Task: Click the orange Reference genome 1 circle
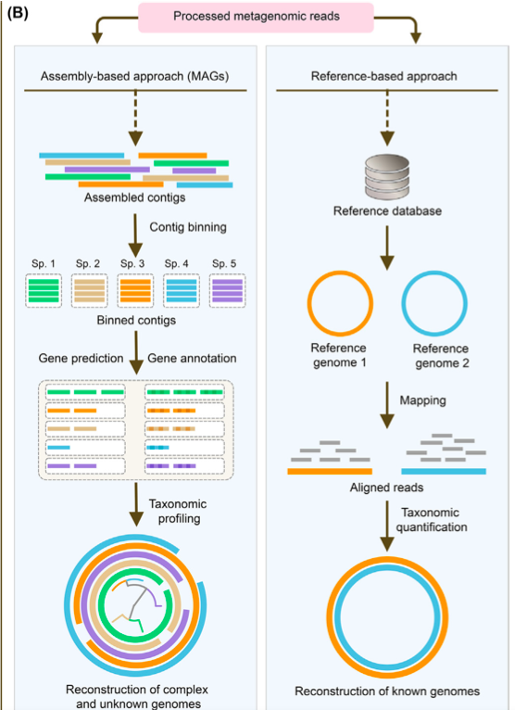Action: tap(340, 308)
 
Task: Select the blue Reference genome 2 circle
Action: tap(434, 308)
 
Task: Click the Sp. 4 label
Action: tap(180, 263)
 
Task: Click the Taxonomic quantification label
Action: tap(433, 519)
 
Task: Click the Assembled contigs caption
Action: tap(133, 197)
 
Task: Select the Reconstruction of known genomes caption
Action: tap(386, 691)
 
